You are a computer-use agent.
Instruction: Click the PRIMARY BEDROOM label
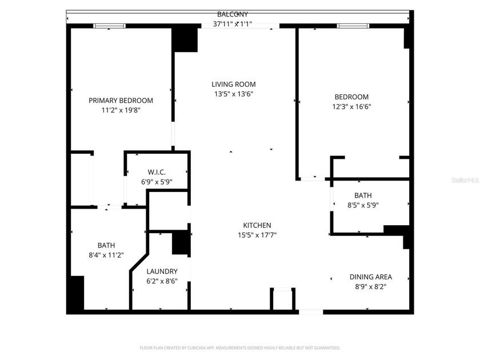point(121,101)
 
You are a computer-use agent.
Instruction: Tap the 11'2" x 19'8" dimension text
point(121,110)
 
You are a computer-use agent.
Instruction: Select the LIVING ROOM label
point(233,84)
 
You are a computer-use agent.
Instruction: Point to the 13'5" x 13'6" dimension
point(233,94)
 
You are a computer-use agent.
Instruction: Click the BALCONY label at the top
point(233,14)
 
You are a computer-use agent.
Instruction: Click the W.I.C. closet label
point(157,172)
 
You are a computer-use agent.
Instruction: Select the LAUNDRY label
point(162,271)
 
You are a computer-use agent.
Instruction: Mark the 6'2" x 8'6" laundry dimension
point(162,281)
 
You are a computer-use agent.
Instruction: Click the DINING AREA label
point(371,277)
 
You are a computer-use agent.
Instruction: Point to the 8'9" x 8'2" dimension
point(371,287)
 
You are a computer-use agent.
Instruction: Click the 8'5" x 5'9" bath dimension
point(363,205)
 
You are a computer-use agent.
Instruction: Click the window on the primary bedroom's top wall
point(110,25)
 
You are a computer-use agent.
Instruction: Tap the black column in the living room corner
point(185,39)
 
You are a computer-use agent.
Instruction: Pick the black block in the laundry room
point(181,243)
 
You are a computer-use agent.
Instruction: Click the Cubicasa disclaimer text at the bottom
point(240,347)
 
